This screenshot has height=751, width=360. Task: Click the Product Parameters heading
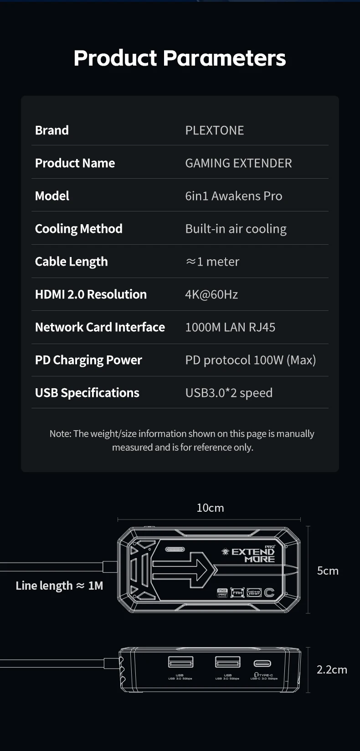[180, 58]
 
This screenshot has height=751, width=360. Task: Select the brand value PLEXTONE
[214, 130]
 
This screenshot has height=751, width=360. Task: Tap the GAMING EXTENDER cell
[238, 163]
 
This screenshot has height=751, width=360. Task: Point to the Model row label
[52, 196]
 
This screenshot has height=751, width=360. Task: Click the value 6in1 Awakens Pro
[233, 196]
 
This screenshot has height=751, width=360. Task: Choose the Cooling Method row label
[78, 229]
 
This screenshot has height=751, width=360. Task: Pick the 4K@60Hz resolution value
[211, 294]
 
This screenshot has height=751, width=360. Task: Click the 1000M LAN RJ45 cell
[230, 327]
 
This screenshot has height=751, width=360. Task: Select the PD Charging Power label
[88, 360]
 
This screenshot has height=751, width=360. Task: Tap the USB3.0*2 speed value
[229, 393]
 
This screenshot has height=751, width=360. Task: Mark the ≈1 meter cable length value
[212, 262]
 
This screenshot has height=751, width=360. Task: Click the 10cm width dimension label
[210, 508]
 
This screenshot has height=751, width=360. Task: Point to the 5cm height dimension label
[328, 571]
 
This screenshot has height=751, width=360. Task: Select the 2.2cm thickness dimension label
[332, 669]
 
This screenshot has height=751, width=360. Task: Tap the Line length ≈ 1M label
[59, 586]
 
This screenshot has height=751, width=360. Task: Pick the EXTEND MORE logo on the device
[252, 555]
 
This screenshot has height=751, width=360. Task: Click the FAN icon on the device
[237, 592]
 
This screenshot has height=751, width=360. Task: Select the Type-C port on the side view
[262, 663]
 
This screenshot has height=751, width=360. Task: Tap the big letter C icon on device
[269, 592]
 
